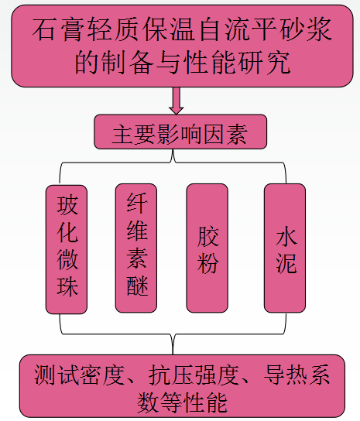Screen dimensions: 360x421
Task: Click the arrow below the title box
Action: tap(177, 101)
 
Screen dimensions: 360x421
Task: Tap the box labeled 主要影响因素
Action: tap(180, 132)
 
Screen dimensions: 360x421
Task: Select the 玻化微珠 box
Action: tap(67, 249)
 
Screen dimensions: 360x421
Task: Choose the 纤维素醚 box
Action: tap(136, 248)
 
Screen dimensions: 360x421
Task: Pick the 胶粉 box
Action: tap(207, 248)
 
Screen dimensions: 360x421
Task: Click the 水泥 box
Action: tap(285, 248)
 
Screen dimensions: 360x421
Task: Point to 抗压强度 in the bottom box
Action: tap(194, 375)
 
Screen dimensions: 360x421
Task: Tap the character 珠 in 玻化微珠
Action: tap(67, 286)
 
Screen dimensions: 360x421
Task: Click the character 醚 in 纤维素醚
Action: tap(137, 286)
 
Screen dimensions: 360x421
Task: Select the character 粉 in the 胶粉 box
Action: tap(207, 263)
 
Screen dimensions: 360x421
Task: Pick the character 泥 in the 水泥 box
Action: tap(286, 263)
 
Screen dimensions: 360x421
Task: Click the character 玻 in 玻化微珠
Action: tap(67, 205)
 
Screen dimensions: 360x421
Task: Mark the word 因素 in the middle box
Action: tap(225, 133)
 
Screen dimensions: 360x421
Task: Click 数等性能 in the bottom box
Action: tap(182, 402)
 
